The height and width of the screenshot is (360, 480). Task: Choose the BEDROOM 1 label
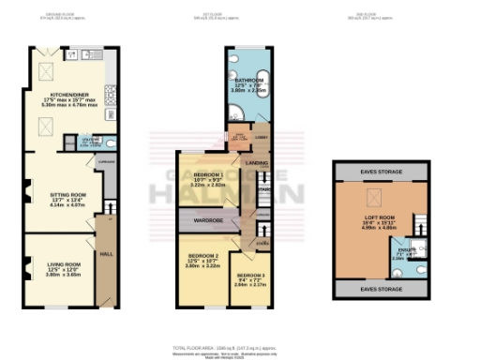209,175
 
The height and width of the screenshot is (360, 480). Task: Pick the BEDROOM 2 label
202,256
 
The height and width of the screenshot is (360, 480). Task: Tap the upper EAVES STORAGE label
380,171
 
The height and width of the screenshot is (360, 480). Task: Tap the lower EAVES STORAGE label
380,290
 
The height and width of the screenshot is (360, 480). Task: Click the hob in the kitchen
109,95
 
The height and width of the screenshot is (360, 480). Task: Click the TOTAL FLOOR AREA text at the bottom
239,346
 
